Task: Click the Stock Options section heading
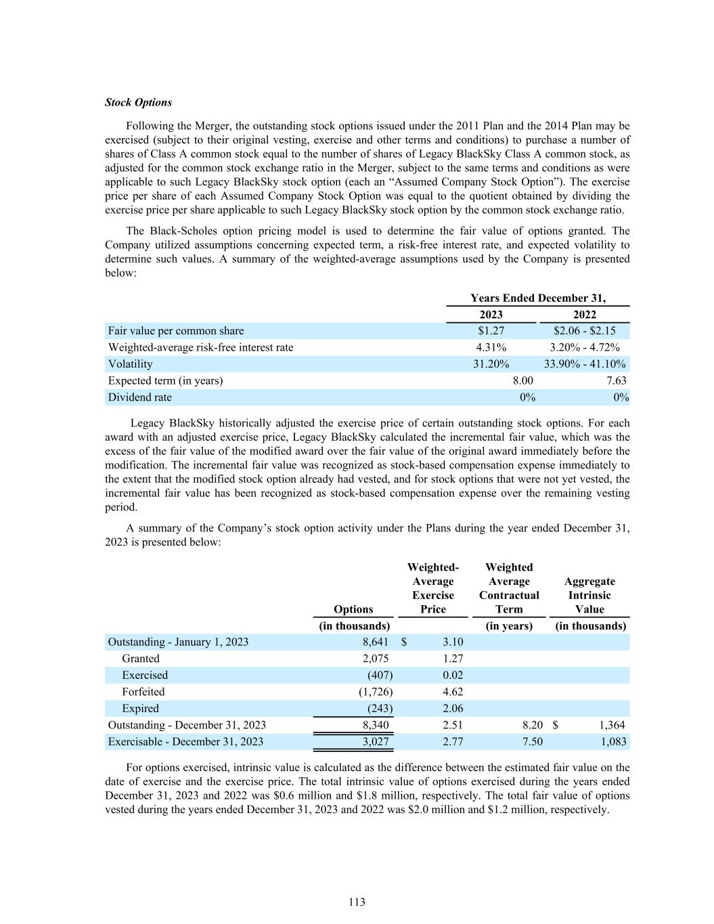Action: point(138,102)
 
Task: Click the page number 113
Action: point(357,902)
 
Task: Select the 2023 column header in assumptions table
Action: point(491,314)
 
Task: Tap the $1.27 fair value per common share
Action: point(491,331)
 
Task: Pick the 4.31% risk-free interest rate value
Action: point(491,347)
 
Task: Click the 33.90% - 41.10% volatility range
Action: point(585,364)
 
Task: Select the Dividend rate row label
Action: point(140,397)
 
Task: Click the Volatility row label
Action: point(131,364)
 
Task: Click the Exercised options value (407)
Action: point(379,675)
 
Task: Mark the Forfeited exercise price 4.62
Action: point(452,692)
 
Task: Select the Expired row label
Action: point(140,708)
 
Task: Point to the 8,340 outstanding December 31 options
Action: point(376,725)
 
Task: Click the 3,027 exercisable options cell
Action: point(376,741)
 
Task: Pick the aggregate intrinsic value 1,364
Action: point(612,725)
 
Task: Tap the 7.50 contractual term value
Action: point(532,741)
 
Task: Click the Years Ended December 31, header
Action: point(538,298)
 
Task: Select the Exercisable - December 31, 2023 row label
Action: point(185,741)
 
